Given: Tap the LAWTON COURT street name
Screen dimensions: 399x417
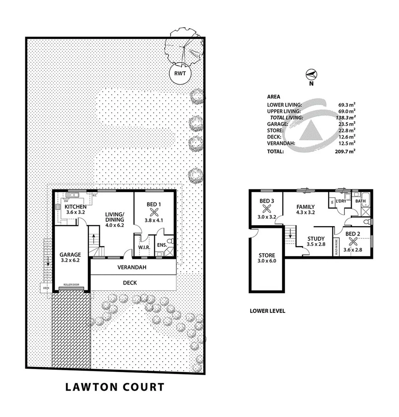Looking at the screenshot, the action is [114, 387].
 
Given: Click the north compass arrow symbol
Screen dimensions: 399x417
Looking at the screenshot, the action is [311, 74].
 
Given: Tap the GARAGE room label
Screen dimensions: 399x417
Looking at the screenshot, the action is [70, 254].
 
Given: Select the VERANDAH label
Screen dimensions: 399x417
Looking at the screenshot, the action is [132, 267].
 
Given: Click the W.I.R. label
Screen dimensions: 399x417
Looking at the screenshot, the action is [144, 247].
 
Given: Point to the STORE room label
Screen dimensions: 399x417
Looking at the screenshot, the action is [267, 255].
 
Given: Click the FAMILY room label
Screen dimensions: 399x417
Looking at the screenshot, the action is [306, 207].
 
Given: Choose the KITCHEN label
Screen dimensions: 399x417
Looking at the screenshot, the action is [76, 206].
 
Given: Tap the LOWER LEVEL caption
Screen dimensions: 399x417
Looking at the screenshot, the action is [267, 310].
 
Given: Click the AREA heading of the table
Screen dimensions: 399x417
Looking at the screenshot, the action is [273, 97].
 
